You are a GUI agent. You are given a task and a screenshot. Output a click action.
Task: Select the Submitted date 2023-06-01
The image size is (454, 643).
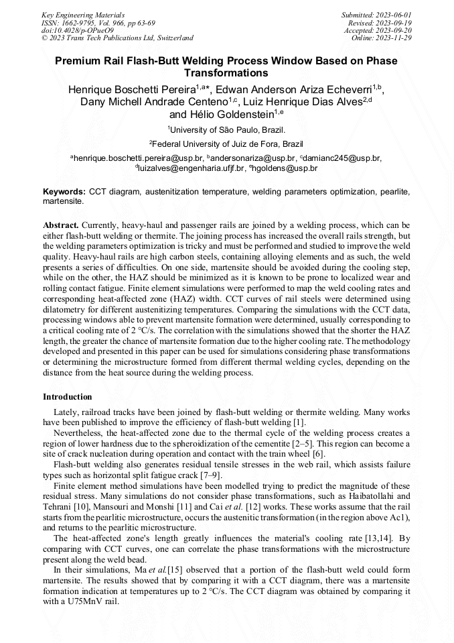tap(392, 14)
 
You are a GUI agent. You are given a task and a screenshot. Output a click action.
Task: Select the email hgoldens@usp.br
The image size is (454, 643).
tap(283, 168)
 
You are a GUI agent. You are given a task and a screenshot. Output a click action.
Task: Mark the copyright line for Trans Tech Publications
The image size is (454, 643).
tap(117, 38)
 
